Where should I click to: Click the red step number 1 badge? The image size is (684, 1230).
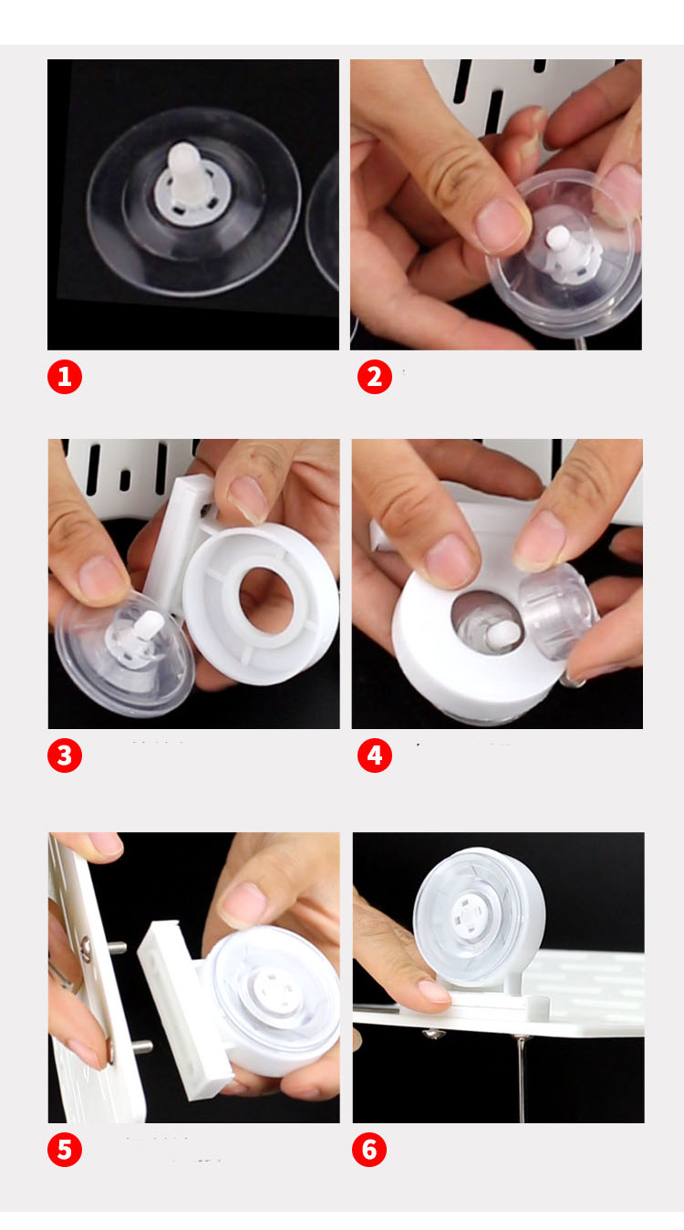tap(65, 377)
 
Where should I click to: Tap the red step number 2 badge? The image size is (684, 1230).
tap(375, 377)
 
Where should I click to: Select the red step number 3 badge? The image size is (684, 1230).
tap(65, 756)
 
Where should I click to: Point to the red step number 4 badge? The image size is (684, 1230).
tap(375, 756)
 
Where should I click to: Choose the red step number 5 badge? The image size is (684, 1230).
tap(65, 1150)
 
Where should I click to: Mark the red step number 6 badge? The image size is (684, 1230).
tap(368, 1150)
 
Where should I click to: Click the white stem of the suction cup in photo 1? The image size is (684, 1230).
tap(184, 171)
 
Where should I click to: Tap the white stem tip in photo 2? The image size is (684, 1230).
tap(558, 238)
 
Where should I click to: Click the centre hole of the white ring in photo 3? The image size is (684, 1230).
tap(265, 600)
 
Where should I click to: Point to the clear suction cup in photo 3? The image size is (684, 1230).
tap(125, 652)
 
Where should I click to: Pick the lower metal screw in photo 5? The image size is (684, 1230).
tap(140, 1046)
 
